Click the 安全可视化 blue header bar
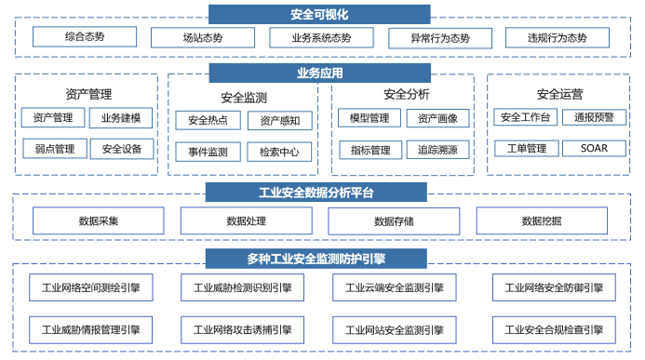coord(319,14)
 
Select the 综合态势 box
coord(85,37)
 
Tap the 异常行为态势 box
coord(440,38)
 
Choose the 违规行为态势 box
coord(558,38)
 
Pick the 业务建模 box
coord(121,118)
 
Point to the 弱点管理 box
coord(54,148)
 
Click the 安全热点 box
coord(208,120)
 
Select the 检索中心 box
coord(279,151)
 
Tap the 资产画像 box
coord(437,118)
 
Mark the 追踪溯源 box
coord(437,150)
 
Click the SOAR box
coord(594,148)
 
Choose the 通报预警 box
coord(594,117)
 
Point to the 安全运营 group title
coord(560,94)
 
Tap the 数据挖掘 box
coord(542,221)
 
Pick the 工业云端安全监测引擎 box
coord(395,287)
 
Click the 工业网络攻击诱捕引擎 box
coord(243,329)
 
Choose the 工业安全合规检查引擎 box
coord(553,329)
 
